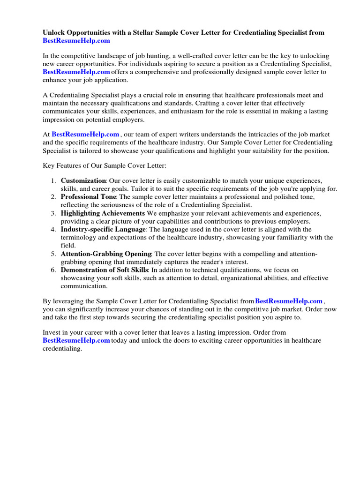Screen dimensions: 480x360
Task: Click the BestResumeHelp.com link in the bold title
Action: coord(76,41)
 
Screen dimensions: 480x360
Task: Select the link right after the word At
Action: coord(85,135)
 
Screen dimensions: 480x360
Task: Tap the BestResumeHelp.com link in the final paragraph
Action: coord(76,340)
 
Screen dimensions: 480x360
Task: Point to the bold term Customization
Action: coord(83,180)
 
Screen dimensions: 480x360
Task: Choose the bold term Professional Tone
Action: coord(89,197)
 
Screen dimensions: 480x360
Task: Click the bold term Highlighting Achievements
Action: coord(103,213)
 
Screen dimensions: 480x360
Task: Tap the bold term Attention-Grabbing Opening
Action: coord(106,254)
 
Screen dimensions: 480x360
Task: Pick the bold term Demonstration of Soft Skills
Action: coord(105,270)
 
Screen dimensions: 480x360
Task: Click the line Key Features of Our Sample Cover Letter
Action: coord(102,166)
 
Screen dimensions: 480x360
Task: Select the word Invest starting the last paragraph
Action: coord(52,332)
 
